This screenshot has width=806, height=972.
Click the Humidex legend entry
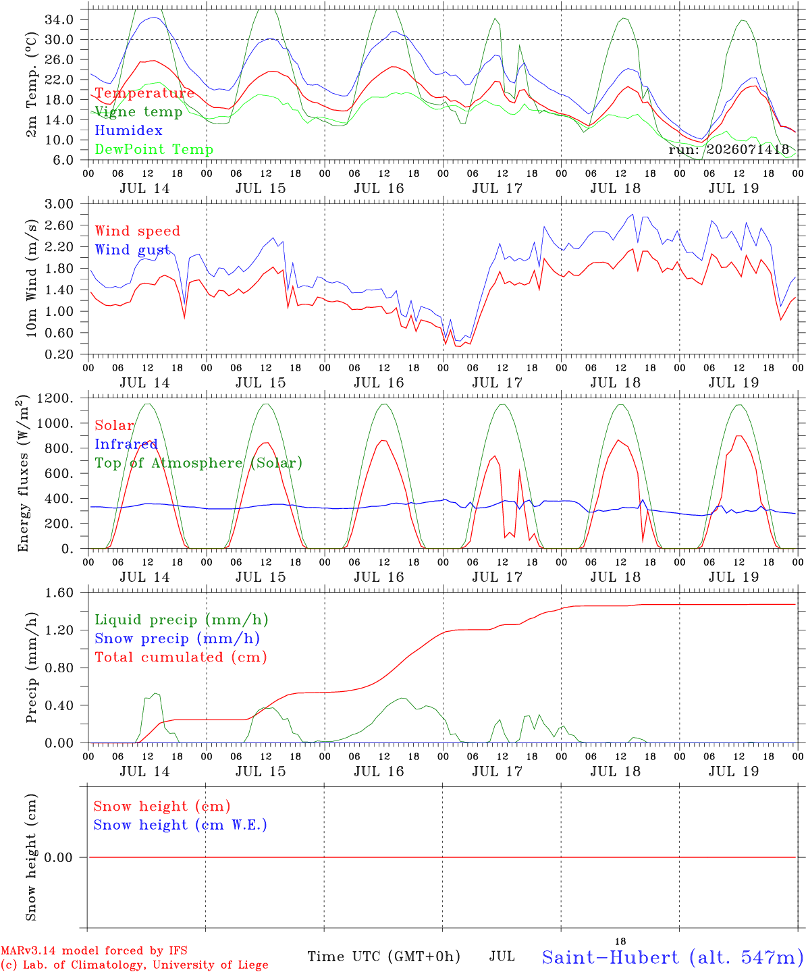tap(128, 130)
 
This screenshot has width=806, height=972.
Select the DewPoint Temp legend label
tap(154, 149)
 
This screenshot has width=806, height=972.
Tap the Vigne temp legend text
tap(138, 112)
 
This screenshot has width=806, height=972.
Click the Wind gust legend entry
tap(132, 250)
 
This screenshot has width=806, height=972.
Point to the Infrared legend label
tap(126, 444)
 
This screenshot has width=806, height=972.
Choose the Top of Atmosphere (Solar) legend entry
tap(199, 463)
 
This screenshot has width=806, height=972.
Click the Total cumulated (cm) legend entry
tap(181, 657)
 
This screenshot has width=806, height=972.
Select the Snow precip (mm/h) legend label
tap(177, 639)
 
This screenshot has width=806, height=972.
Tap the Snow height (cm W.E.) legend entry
tap(180, 825)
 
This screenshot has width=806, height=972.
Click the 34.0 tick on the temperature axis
tap(59, 20)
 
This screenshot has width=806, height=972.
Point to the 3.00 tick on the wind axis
tap(59, 204)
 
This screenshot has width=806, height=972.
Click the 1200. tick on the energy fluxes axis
tap(55, 398)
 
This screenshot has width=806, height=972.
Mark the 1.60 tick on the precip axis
tap(59, 593)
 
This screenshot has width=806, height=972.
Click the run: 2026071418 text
tap(728, 149)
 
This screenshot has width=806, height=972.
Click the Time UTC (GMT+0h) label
tap(383, 956)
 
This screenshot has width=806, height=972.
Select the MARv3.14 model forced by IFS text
tap(94, 950)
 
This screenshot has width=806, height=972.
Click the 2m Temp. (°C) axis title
tap(31, 85)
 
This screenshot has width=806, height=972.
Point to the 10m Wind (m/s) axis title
tap(31, 277)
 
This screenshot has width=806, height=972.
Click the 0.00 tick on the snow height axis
tap(59, 857)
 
